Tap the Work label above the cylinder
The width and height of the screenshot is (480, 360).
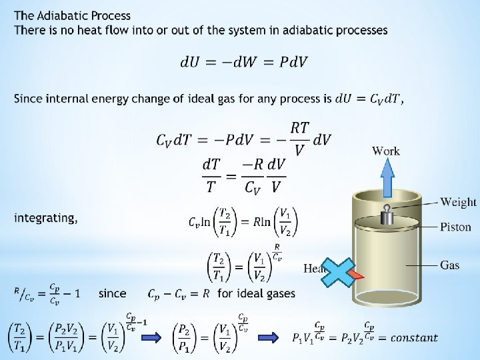pyautogui.click(x=386, y=151)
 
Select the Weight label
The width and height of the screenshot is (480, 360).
pyautogui.click(x=458, y=202)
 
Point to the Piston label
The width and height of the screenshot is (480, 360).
pyautogui.click(x=455, y=227)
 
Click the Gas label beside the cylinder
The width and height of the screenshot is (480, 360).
pyautogui.click(x=449, y=265)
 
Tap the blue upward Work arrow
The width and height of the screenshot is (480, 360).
pyautogui.click(x=387, y=181)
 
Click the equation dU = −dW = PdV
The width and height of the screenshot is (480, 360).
pyautogui.click(x=243, y=62)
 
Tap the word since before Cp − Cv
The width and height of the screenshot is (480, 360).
pyautogui.click(x=112, y=293)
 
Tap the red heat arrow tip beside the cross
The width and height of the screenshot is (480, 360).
pyautogui.click(x=358, y=274)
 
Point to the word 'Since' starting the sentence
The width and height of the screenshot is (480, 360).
pyautogui.click(x=27, y=99)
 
